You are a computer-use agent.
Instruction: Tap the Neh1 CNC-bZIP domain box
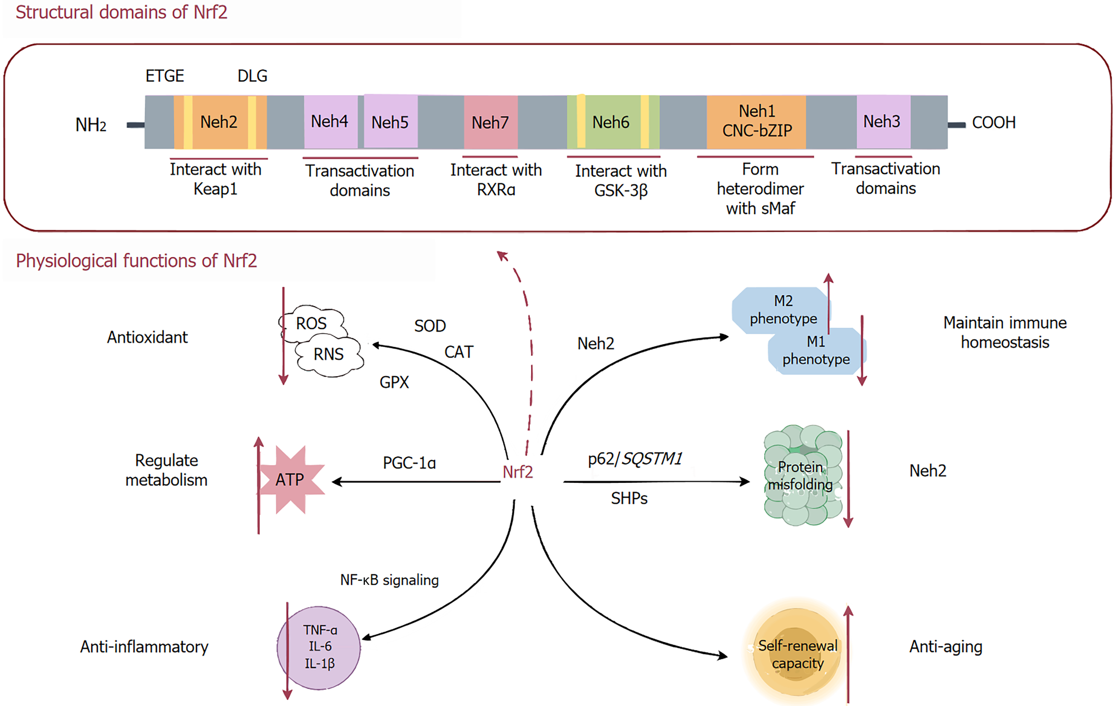[756, 122]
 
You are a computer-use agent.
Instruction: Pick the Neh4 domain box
[330, 122]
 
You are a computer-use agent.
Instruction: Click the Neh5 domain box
[391, 121]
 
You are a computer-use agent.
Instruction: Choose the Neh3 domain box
[883, 121]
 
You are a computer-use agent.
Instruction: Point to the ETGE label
[165, 76]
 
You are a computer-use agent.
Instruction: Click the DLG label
[252, 76]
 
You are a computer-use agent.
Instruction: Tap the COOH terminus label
[993, 123]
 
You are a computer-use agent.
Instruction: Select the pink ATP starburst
[291, 479]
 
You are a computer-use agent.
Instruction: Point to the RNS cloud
[329, 355]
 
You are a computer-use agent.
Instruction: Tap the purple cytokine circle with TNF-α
[319, 648]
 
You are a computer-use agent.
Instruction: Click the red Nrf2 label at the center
[518, 472]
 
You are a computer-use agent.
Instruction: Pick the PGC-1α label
[409, 463]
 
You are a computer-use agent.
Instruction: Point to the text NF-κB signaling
[389, 580]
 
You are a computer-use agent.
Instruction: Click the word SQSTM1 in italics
[652, 458]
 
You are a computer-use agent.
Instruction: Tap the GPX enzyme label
[394, 382]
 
